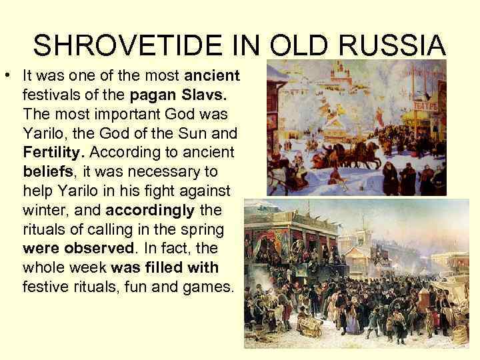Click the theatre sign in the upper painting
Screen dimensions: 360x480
tap(425, 107)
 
